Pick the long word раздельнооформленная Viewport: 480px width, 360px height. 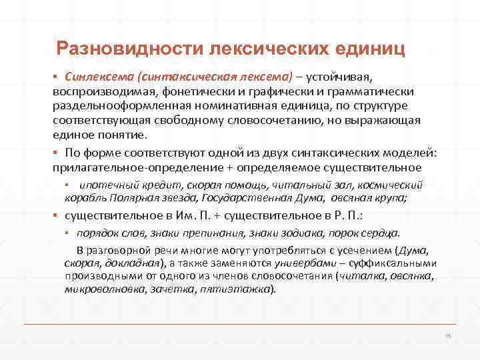(123, 106)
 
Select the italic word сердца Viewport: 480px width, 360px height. (381, 233)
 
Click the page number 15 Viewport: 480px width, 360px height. (448, 335)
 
